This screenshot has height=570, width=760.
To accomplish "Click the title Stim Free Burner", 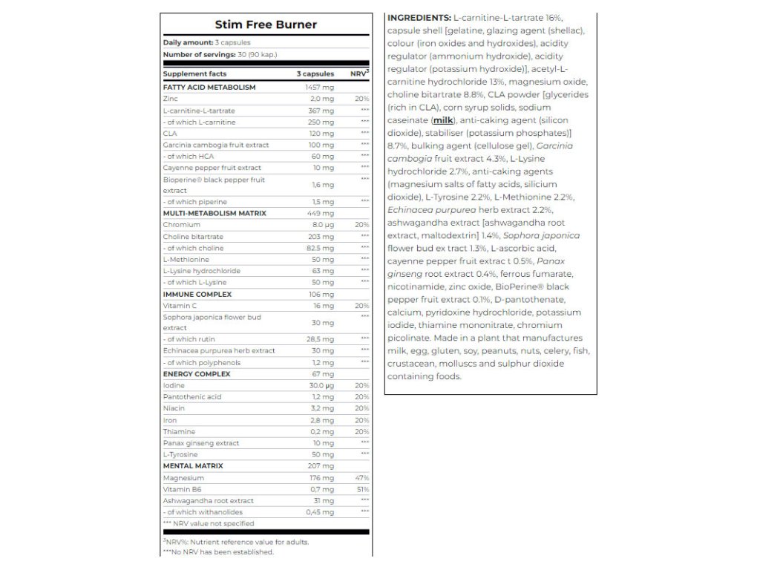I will (266, 24).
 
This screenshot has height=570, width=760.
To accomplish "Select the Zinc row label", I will (171, 99).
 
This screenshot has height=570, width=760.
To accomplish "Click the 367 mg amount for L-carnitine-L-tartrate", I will (322, 110).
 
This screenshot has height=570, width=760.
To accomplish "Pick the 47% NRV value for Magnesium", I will (362, 478).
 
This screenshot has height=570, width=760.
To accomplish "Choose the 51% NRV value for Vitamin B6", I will (362, 490).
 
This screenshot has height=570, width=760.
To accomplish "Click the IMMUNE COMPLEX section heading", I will (197, 294).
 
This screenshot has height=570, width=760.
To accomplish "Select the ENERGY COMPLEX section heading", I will (197, 374).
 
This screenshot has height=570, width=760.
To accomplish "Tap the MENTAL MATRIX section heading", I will (193, 466).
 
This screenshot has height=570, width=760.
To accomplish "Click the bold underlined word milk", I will (443, 119).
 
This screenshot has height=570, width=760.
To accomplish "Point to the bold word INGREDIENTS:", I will (419, 17).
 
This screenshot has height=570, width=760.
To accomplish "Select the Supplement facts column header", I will (194, 74).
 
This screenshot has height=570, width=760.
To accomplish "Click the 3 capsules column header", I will (315, 74).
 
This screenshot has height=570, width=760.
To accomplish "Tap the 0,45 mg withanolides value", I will (321, 512).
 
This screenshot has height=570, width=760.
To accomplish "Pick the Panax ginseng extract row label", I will (201, 443).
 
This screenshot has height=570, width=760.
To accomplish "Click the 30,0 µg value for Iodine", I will (321, 386).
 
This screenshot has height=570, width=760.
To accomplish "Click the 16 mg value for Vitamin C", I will (324, 306).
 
